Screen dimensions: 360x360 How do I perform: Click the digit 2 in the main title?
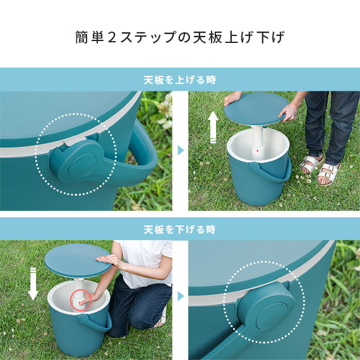(112, 37)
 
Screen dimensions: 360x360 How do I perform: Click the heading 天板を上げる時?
(180, 80)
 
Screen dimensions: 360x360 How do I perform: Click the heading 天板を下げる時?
(180, 229)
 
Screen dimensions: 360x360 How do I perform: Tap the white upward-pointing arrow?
(213, 127)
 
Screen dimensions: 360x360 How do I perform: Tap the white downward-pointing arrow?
(33, 284)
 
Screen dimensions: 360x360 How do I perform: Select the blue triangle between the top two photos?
(181, 150)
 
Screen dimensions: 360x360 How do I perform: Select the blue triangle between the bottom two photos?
(181, 296)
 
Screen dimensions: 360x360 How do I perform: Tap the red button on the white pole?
(257, 151)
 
